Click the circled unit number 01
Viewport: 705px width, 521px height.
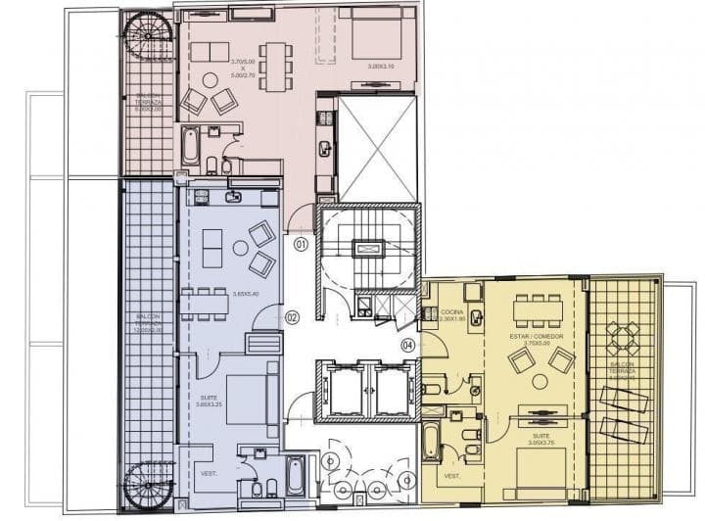(x=301, y=243)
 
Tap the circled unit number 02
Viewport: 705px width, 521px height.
(x=292, y=316)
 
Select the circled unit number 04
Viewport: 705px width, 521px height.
(x=407, y=345)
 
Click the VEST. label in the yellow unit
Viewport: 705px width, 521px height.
(x=451, y=477)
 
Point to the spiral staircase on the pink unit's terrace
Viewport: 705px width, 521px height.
(x=148, y=38)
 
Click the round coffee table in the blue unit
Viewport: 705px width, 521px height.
(x=240, y=248)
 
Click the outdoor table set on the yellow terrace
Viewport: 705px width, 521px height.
(x=623, y=338)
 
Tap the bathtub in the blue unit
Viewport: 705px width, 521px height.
(x=295, y=476)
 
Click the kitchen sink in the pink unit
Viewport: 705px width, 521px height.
(x=324, y=148)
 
